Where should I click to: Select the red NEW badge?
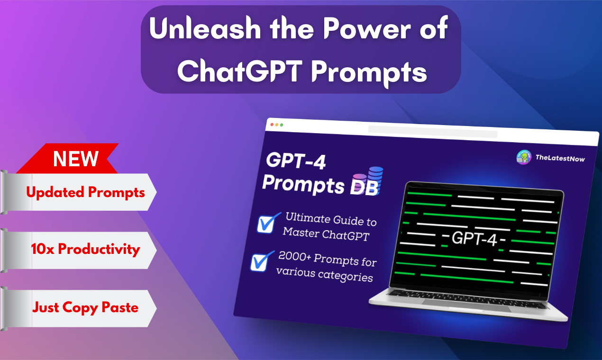click(76, 159)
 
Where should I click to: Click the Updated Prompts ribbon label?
click(85, 192)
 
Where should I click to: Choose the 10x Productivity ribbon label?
click(85, 250)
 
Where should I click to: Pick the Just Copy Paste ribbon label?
click(85, 307)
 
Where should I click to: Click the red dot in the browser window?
click(272, 125)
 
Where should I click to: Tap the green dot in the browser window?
click(282, 125)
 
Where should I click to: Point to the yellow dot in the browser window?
click(277, 125)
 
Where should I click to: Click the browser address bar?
click(432, 131)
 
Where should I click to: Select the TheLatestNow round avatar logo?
click(523, 157)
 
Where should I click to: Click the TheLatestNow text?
click(560, 158)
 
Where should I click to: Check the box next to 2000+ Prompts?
click(260, 261)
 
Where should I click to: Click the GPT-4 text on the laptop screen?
click(474, 240)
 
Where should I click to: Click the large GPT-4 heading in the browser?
click(296, 162)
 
